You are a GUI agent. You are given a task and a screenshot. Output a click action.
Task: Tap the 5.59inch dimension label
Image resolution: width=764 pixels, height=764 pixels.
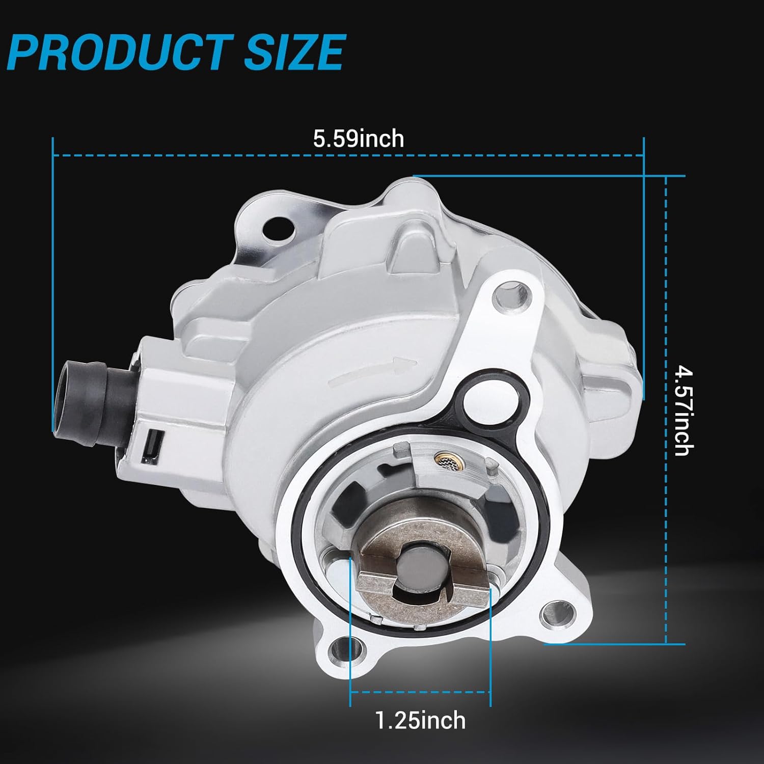[359, 139]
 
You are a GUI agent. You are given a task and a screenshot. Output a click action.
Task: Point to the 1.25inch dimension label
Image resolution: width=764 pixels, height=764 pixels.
[420, 720]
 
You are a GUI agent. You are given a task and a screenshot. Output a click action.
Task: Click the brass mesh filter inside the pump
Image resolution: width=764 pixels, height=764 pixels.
[443, 461]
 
